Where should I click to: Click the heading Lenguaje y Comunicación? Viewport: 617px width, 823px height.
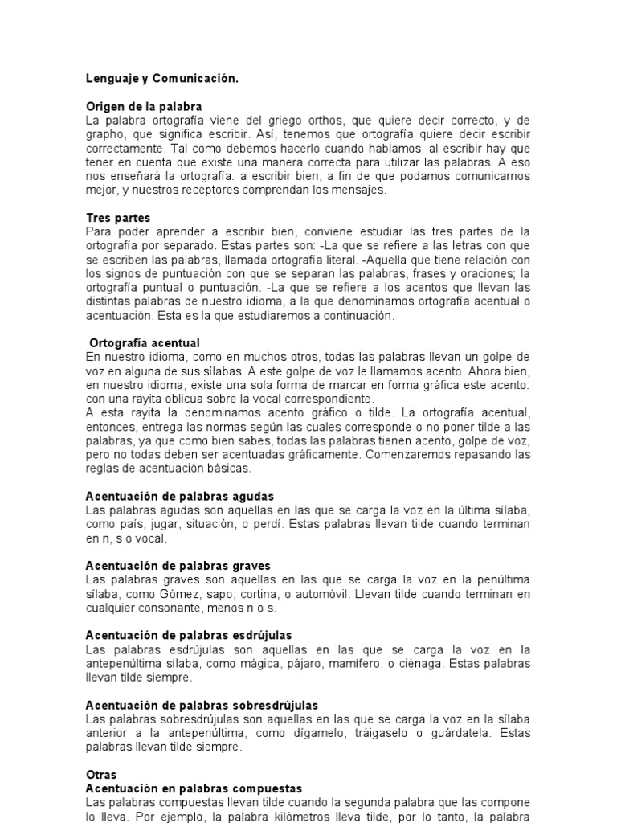click(162, 79)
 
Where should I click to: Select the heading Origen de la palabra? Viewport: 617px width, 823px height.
click(144, 106)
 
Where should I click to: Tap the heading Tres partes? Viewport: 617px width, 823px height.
click(118, 218)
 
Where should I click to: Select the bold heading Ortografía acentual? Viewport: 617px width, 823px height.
click(145, 343)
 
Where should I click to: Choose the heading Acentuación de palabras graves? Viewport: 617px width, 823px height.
click(178, 566)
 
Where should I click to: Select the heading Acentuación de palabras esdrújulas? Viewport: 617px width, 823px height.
click(189, 635)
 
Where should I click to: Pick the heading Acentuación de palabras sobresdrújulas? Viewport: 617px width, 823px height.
click(202, 705)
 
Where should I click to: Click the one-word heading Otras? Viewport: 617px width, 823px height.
click(101, 775)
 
